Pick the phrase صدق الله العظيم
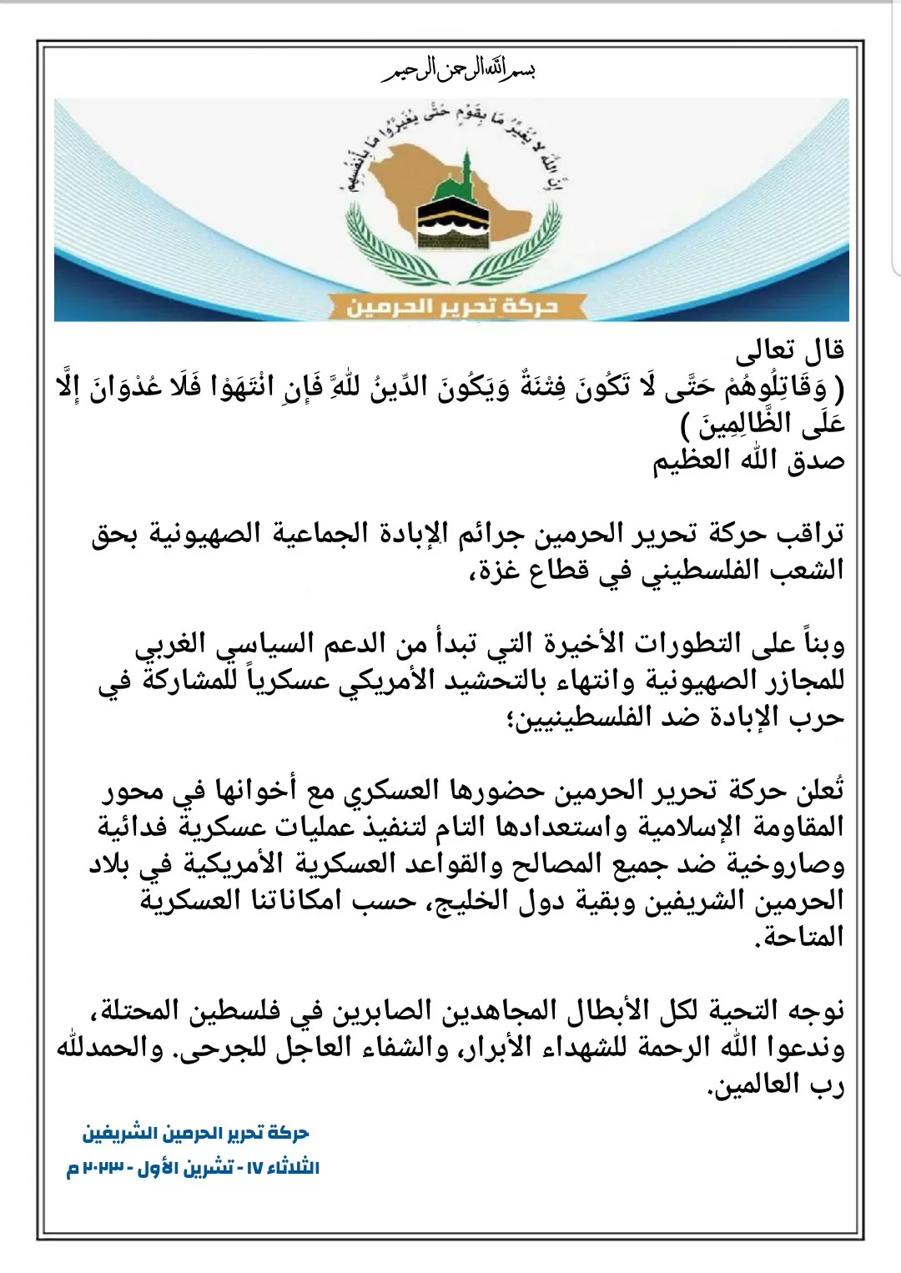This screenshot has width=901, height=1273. click(749, 461)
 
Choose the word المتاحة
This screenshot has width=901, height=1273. click(800, 938)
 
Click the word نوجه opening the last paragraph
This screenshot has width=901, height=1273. click(813, 1011)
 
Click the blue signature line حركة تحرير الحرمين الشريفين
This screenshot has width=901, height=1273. click(195, 1134)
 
